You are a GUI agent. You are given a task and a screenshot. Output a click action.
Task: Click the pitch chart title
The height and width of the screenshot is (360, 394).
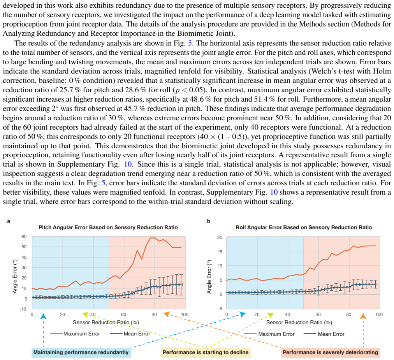click(108, 227)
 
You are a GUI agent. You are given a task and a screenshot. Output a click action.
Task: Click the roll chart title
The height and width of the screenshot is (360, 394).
click(304, 227)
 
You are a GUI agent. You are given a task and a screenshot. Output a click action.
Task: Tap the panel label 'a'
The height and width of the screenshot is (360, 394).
click(9, 221)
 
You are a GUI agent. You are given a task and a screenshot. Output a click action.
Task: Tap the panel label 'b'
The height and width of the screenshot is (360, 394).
click(209, 221)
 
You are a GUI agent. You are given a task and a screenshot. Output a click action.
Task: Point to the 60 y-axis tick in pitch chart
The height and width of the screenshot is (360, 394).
click(24, 237)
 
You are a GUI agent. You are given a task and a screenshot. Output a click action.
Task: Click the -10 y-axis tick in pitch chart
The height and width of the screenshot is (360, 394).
click(23, 309)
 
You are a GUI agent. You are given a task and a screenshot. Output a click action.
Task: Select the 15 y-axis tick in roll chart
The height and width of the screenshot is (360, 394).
click(220, 252)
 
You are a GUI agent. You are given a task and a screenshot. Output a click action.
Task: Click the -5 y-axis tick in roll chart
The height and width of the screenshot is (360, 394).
click(220, 309)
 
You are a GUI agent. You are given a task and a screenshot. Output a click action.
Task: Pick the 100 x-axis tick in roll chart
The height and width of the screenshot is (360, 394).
click(379, 314)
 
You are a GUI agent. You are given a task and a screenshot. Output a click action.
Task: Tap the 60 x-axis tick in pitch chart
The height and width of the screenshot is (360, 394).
click(124, 314)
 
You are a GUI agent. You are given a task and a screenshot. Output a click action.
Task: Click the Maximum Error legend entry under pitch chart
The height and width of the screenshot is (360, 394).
click(75, 334)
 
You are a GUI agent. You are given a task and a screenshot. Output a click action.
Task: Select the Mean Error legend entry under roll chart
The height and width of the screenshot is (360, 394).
click(324, 334)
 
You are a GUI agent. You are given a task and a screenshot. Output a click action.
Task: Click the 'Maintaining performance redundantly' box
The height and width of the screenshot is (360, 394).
click(81, 353)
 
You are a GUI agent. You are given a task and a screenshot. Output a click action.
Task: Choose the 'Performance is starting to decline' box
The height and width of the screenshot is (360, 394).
click(206, 353)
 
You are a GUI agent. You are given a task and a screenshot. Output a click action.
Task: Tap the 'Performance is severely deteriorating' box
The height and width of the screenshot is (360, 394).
click(331, 353)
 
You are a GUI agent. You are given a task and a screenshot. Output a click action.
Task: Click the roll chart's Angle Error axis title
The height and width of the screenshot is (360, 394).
click(209, 277)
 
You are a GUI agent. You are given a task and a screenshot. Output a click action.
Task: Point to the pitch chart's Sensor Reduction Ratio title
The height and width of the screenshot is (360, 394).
click(106, 322)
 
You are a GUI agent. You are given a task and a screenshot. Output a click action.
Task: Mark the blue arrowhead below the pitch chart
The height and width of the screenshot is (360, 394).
click(44, 316)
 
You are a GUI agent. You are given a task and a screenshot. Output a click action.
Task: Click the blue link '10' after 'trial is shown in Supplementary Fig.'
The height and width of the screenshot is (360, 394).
click(128, 164)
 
